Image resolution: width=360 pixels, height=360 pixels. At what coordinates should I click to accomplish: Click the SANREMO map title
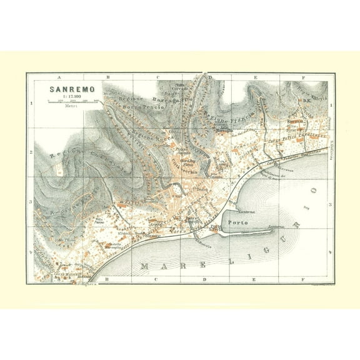click(72, 89)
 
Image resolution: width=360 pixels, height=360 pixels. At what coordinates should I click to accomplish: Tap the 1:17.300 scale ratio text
click(72, 96)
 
